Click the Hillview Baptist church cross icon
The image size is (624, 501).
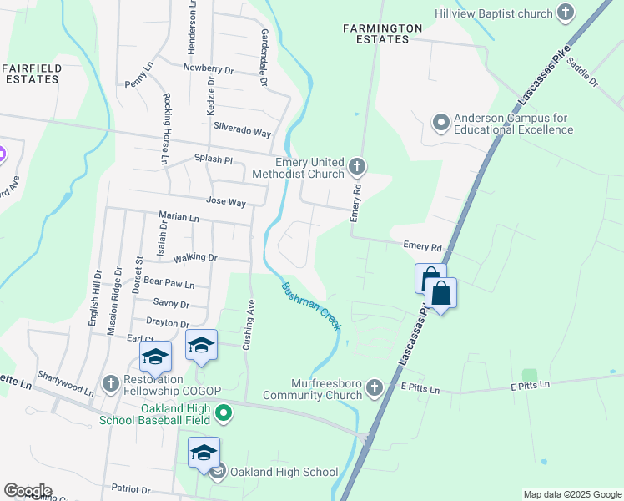(566, 13)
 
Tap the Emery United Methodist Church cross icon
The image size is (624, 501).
(357, 167)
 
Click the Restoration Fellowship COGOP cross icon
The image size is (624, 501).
(110, 383)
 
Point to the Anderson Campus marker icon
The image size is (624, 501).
(440, 124)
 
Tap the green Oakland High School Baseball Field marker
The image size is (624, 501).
(224, 412)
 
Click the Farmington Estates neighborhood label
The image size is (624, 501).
(383, 33)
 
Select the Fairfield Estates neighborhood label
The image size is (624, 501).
(31, 73)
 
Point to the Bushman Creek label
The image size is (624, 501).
(310, 306)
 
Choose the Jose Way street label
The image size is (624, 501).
(225, 202)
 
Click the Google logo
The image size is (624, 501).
(28, 491)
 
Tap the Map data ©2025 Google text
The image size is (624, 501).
(571, 494)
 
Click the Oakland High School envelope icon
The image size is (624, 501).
(218, 473)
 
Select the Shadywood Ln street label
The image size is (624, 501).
(66, 385)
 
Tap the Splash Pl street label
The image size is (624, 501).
(213, 159)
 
